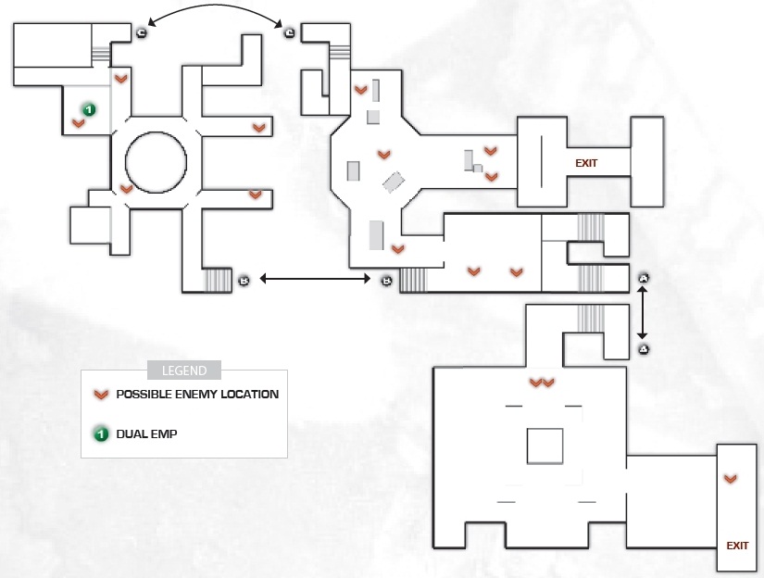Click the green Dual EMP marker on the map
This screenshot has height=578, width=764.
click(89, 110)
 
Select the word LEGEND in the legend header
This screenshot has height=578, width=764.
click(184, 371)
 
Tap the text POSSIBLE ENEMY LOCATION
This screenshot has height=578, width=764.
click(197, 395)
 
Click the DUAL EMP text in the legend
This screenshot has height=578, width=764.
click(146, 434)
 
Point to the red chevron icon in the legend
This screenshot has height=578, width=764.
click(101, 395)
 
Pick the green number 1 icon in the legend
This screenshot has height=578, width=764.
click(101, 433)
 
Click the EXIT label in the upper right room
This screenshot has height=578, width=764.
click(586, 163)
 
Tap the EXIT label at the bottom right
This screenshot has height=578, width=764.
click(737, 546)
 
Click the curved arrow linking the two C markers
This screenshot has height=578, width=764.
click(215, 6)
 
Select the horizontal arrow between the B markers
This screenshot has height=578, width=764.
click(315, 279)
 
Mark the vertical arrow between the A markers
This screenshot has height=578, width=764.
click(642, 312)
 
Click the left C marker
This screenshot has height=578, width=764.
click(142, 33)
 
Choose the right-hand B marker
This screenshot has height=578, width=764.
click(386, 281)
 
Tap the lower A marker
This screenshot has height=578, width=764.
click(644, 349)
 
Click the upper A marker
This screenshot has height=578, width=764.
click(644, 278)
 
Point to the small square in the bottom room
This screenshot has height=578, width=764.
click(545, 446)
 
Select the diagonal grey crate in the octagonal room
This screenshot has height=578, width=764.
click(394, 182)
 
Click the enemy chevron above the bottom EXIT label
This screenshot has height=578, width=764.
click(730, 480)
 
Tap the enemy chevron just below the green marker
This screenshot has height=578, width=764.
click(78, 123)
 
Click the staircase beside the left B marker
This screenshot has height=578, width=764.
click(218, 281)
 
